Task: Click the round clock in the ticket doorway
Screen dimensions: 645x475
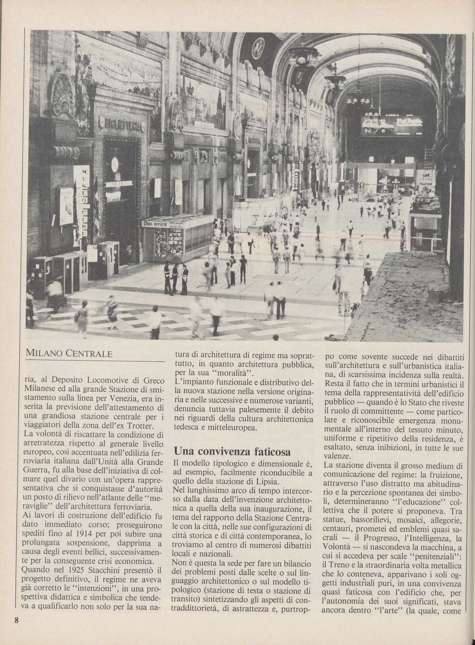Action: click(115, 164)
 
